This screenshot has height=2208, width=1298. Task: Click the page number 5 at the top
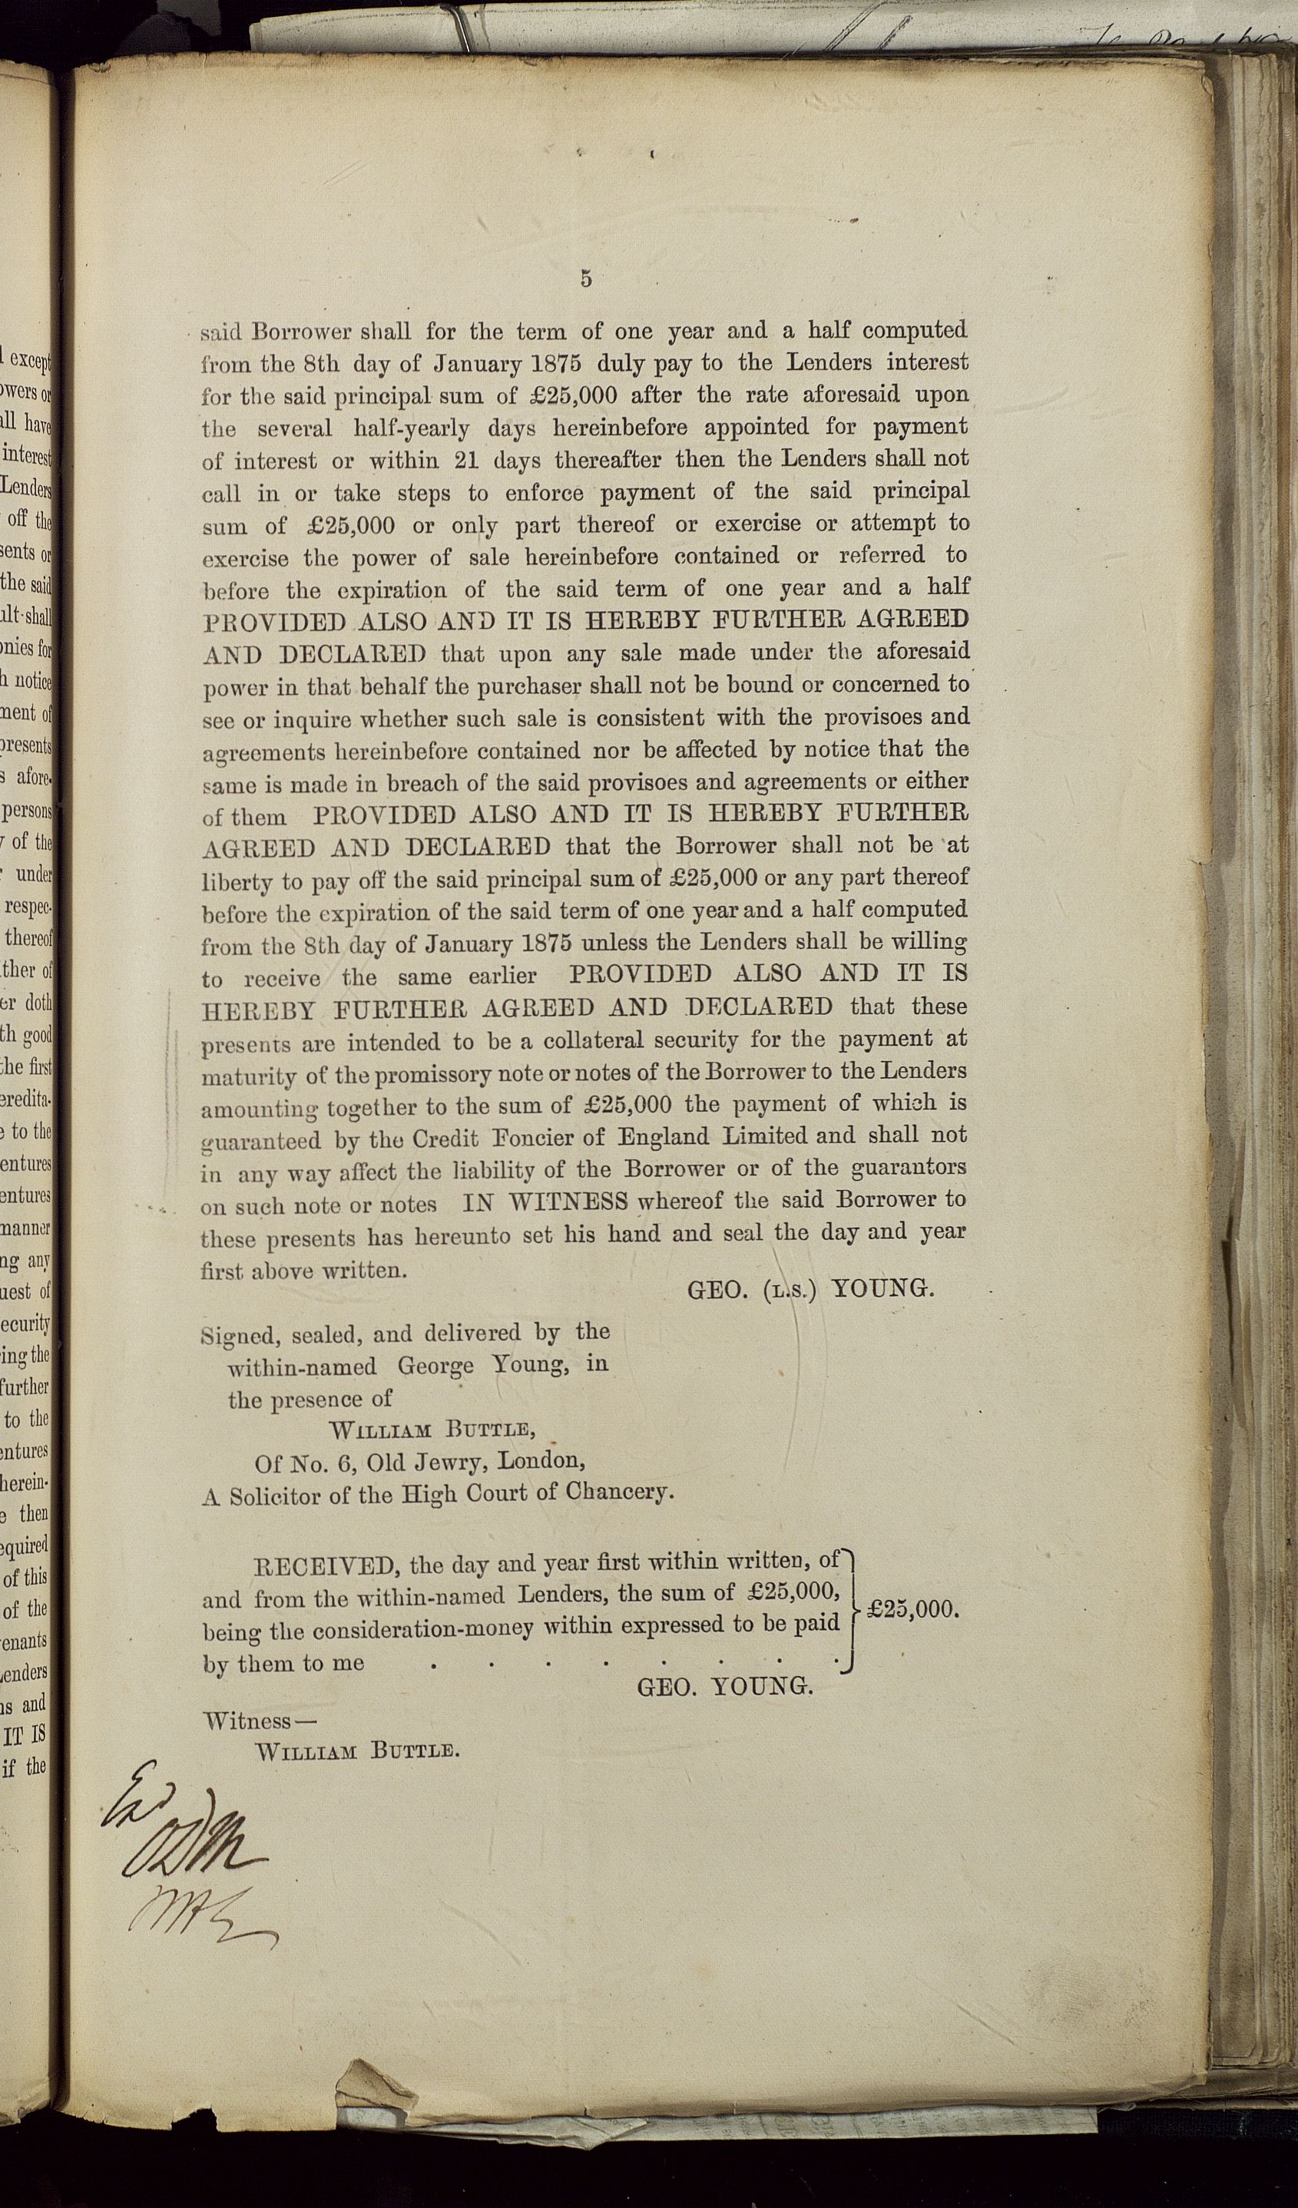point(585,279)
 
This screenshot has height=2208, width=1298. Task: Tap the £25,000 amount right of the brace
point(911,1610)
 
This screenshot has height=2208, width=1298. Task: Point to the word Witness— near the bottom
point(260,1720)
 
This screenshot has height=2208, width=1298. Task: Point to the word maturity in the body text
point(244,1074)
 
